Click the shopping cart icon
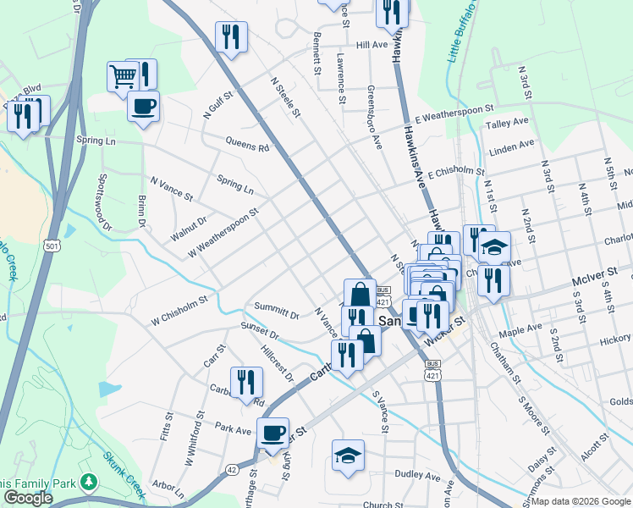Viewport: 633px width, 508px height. click(x=123, y=76)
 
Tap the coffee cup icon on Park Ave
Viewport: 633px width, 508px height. click(x=272, y=433)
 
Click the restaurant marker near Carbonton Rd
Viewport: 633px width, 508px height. click(x=246, y=381)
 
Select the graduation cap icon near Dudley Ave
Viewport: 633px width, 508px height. click(x=348, y=455)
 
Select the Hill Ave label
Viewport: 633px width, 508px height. click(x=372, y=44)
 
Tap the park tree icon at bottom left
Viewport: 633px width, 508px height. click(x=88, y=482)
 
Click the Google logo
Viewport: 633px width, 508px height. click(x=27, y=498)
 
